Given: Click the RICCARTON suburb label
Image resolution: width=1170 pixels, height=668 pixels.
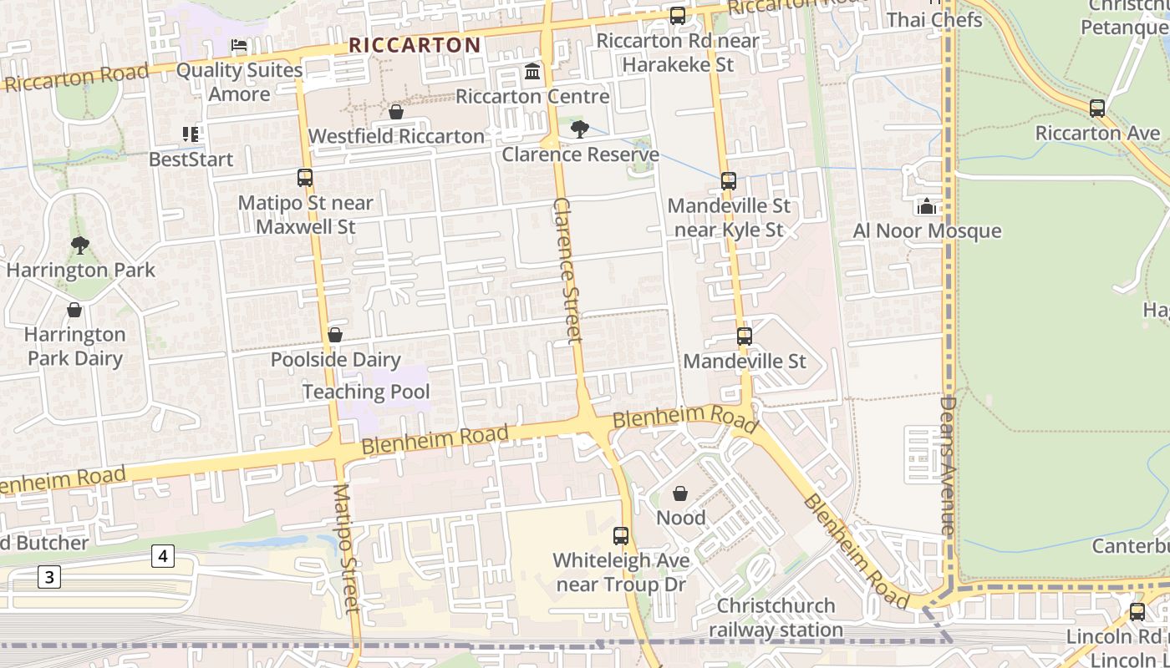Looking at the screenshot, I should tap(415, 45).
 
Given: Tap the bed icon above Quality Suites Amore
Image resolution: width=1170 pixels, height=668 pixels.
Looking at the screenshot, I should tap(238, 45).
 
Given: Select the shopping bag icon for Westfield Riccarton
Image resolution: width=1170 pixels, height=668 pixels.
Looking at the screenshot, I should tap(396, 112).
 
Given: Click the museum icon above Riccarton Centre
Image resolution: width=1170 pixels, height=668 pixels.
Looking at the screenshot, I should tap(532, 72).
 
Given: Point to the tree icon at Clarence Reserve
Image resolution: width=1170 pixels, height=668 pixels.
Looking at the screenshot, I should tap(579, 129).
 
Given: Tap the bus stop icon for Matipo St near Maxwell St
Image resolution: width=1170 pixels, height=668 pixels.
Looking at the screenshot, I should tap(305, 178).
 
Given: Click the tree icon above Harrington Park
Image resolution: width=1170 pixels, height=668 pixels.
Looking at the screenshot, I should tap(80, 245).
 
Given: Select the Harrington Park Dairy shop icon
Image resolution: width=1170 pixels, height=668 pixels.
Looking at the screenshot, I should tap(74, 311).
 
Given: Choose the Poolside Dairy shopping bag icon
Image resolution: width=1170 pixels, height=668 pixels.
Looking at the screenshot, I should tap(335, 335).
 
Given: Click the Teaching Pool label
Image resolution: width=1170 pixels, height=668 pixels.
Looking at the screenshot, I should tap(366, 392).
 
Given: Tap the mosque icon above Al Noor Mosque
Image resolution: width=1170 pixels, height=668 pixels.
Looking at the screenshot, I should tap(927, 206).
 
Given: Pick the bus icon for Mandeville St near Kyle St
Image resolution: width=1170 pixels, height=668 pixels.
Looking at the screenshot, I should tap(729, 181).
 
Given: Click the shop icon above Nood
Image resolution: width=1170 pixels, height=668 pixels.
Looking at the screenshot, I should tap(680, 493).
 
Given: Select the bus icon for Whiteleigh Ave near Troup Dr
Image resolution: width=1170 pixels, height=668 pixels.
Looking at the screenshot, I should tap(621, 536).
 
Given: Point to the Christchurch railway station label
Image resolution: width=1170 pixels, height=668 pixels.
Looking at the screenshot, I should tap(776, 618).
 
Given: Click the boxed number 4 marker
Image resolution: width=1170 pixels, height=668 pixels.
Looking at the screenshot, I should tap(163, 556).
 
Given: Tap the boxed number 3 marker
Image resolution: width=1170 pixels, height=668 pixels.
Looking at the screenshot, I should tap(49, 576).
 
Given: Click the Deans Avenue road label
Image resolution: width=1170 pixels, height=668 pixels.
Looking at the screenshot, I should tap(947, 465).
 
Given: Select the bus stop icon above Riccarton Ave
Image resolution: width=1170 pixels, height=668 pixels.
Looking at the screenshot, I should tap(1097, 109).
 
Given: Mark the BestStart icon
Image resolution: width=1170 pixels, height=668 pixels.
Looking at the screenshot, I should tap(191, 134).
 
